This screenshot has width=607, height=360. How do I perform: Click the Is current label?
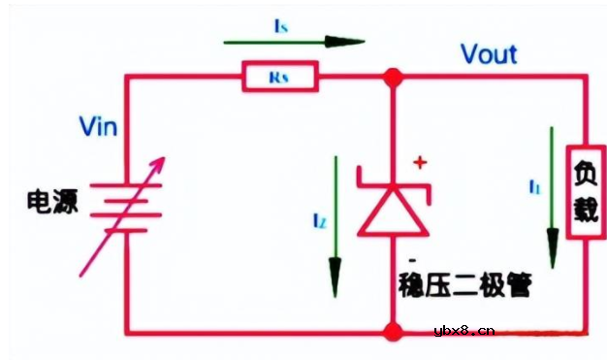[280, 28]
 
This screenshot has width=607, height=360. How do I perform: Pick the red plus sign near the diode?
[419, 164]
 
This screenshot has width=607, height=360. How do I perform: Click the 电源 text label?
[54, 202]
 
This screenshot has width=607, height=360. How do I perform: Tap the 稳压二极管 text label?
[466, 285]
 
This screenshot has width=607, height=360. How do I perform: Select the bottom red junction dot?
[392, 332]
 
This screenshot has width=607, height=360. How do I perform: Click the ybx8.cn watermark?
[464, 331]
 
